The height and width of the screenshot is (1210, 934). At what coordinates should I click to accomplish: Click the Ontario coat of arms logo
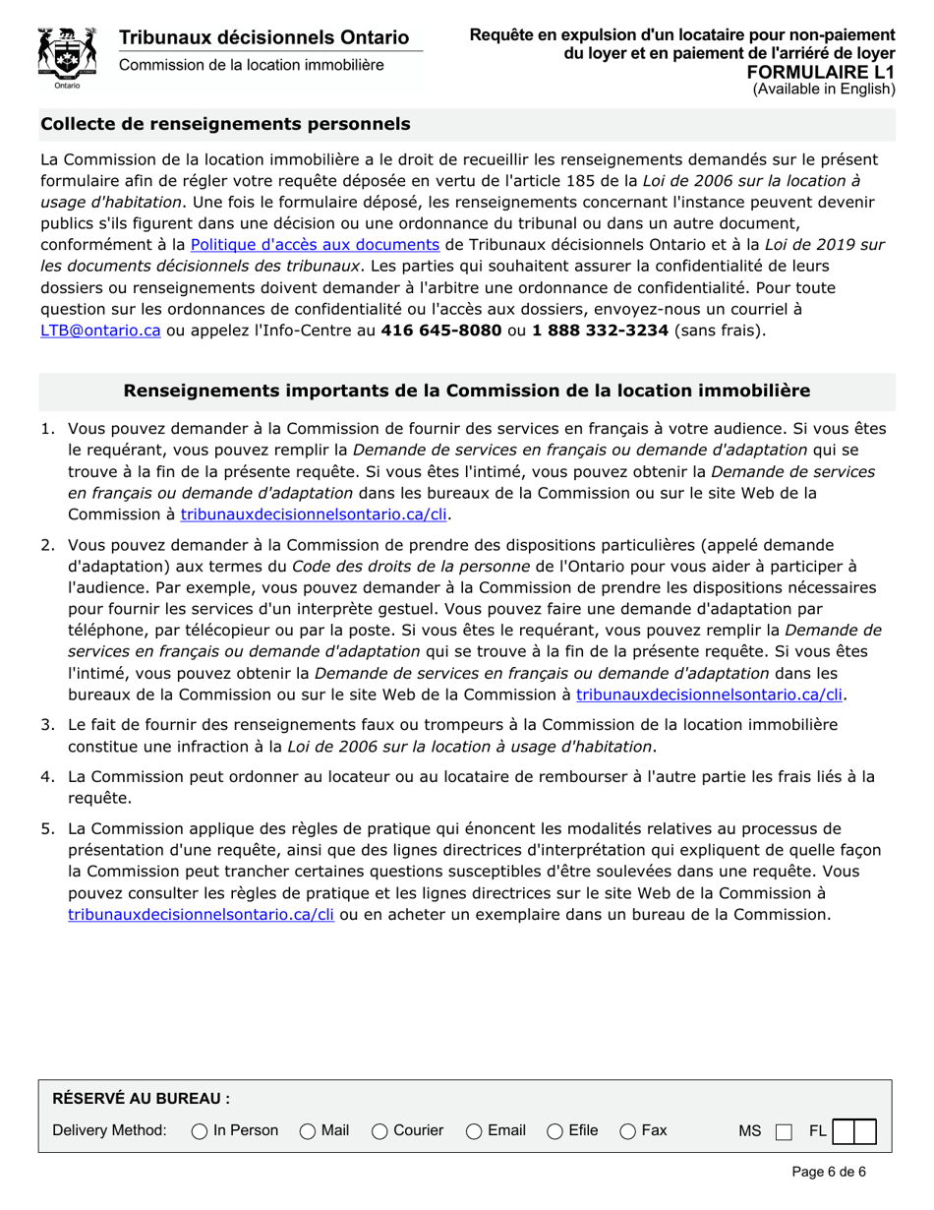point(66,57)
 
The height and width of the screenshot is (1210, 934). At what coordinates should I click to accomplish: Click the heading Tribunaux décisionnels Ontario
point(263,37)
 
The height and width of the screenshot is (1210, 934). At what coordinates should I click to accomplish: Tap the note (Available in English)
point(824,89)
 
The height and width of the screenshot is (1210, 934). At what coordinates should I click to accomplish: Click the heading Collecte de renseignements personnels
point(225,124)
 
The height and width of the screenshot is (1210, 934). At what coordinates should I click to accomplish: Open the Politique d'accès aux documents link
point(315,244)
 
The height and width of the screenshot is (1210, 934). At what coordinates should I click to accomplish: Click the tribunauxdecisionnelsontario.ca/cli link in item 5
point(202,914)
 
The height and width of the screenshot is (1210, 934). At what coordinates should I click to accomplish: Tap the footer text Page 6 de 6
point(828,1172)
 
